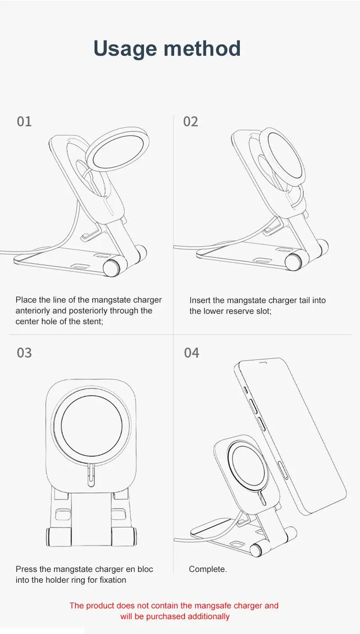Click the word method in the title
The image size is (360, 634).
(x=202, y=48)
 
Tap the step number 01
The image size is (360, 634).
(x=24, y=122)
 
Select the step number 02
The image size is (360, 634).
(x=191, y=122)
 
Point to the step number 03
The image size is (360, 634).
(x=24, y=353)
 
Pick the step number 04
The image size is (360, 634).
(x=191, y=353)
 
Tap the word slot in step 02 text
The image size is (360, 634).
(x=264, y=311)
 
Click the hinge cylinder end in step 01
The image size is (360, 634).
(x=111, y=268)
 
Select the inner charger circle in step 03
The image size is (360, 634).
(x=91, y=426)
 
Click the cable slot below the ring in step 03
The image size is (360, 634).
(x=91, y=476)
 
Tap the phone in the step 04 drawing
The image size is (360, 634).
(x=290, y=436)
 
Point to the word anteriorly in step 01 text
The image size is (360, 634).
(x=33, y=311)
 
